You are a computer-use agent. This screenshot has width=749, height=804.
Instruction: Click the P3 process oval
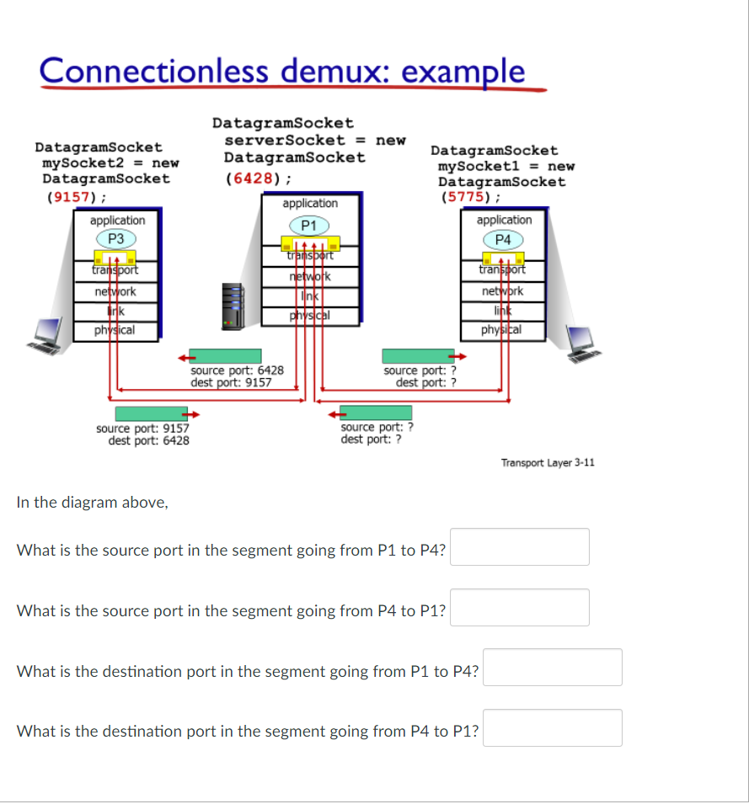tap(117, 238)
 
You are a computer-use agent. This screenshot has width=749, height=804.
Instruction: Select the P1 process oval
tap(308, 225)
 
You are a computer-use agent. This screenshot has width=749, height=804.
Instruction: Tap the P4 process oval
tap(503, 240)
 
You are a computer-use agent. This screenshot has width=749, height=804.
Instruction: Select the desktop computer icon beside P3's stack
tap(46, 333)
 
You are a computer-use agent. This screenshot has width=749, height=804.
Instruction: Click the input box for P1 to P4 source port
tap(519, 547)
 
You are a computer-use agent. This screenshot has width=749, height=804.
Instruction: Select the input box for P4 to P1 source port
tap(519, 608)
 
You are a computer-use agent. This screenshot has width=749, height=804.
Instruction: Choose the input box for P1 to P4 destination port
tap(552, 668)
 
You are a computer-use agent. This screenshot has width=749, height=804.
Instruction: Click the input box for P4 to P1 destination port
tap(552, 728)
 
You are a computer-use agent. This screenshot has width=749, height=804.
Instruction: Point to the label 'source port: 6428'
tap(237, 370)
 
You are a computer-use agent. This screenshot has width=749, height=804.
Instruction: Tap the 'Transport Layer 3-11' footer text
tap(548, 462)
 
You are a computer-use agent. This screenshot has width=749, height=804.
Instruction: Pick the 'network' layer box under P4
tap(502, 291)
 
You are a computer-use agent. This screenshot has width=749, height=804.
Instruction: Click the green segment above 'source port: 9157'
tap(151, 413)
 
